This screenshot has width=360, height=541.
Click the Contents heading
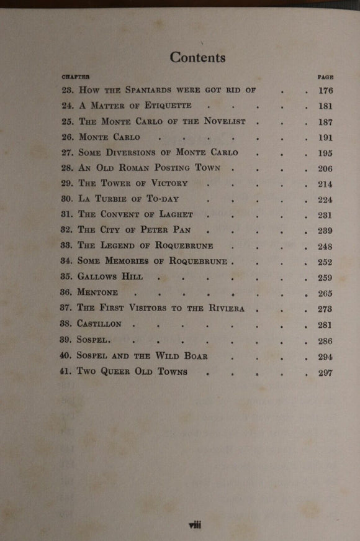click(x=197, y=57)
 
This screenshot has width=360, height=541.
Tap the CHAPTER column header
click(x=75, y=76)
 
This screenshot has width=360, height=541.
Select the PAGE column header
click(x=325, y=77)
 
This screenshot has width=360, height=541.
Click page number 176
click(x=325, y=91)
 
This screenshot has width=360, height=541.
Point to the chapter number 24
click(x=68, y=106)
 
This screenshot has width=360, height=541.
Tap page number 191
click(x=325, y=138)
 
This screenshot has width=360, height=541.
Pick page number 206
click(x=325, y=169)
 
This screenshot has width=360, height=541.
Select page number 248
click(x=325, y=247)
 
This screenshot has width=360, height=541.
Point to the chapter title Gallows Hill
click(x=109, y=278)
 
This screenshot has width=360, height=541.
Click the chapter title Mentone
click(x=99, y=293)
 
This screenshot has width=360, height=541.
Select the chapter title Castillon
click(x=99, y=324)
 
